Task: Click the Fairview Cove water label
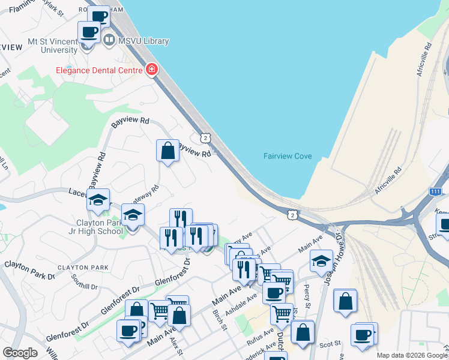[288, 156]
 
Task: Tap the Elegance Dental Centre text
[98, 70]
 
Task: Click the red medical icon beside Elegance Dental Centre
[151, 70]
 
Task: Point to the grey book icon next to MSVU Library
[109, 41]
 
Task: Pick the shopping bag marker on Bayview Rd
[168, 151]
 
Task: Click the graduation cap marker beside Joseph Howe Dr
[321, 260]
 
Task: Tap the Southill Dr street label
[84, 282]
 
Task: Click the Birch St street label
[220, 320]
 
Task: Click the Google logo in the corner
[20, 353]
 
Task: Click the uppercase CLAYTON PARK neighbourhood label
[83, 267]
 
